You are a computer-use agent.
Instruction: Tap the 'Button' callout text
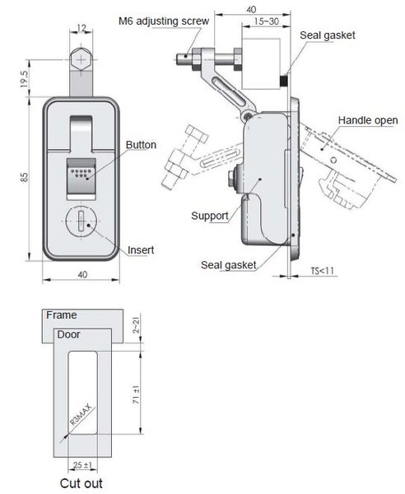click(141, 145)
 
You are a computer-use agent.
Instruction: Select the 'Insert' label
click(141, 250)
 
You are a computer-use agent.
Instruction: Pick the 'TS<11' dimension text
click(324, 271)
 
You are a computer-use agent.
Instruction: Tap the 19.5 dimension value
click(26, 79)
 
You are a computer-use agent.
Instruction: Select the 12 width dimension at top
click(81, 29)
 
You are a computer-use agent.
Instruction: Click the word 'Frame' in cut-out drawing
click(61, 315)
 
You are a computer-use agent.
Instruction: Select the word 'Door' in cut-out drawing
click(67, 334)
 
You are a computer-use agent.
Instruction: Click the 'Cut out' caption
click(80, 483)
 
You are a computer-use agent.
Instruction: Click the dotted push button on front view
click(80, 173)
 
